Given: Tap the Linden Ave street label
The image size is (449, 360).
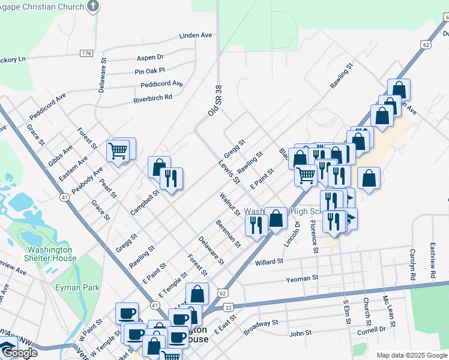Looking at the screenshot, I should pyautogui.click(x=196, y=35).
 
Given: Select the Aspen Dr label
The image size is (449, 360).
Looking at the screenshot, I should pyautogui.click(x=150, y=58).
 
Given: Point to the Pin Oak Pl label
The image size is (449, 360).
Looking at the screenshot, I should pyautogui.click(x=149, y=71).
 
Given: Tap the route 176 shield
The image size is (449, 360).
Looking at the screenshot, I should pyautogui.click(x=86, y=53).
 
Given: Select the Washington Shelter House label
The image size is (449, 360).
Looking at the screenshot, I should pyautogui.click(x=52, y=254).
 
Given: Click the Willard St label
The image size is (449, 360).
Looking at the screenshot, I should pyautogui.click(x=268, y=262).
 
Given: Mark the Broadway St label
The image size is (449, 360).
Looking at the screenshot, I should pyautogui.click(x=261, y=327).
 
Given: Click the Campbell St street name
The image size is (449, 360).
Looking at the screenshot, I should pyautogui.click(x=143, y=203).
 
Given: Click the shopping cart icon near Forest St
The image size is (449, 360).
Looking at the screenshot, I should pyautogui.click(x=118, y=151).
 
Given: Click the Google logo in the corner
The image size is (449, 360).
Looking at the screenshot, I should pyautogui.click(x=19, y=352).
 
